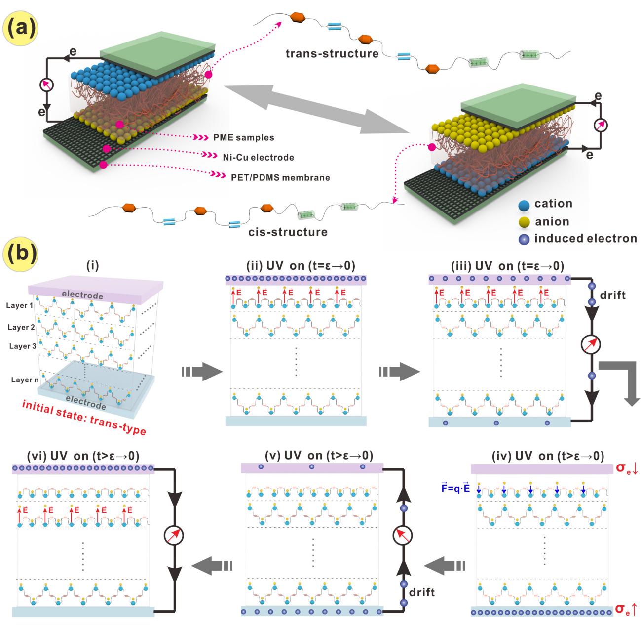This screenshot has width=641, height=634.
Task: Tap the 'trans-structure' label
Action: click(332, 53)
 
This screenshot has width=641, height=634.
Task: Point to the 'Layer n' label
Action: click(23, 380)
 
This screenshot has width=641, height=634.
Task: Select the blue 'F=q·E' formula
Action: click(456, 503)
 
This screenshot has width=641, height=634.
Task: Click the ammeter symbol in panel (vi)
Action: click(174, 535)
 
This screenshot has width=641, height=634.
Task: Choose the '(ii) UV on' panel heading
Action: click(296, 265)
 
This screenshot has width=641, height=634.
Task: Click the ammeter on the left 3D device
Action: click(46, 85)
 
